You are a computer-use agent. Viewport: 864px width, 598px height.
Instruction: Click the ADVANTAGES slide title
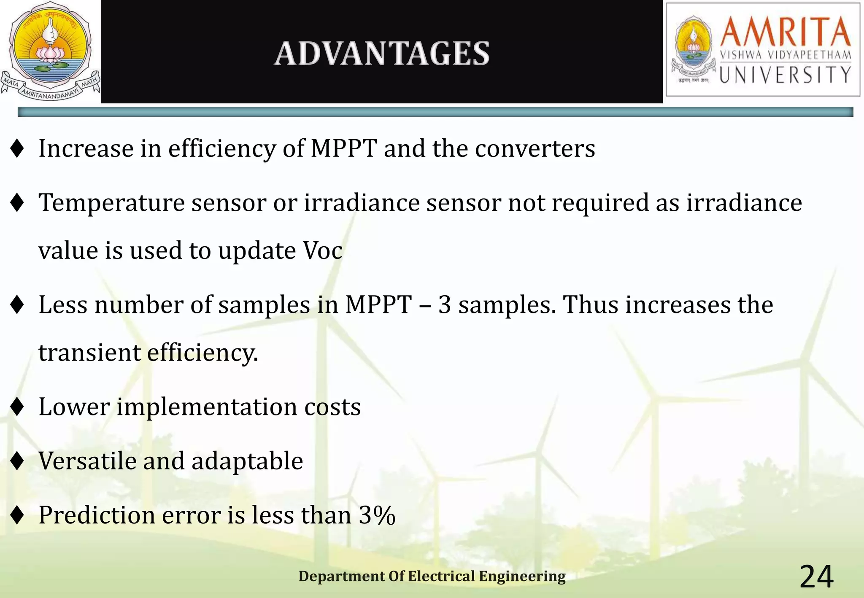click(x=381, y=54)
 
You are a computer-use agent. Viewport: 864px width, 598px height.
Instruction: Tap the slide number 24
click(x=816, y=576)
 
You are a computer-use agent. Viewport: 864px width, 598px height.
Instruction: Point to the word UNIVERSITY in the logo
click(x=785, y=75)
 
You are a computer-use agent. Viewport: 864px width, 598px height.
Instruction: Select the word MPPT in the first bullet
click(x=343, y=148)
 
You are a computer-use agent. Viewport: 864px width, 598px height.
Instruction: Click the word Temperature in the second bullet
click(x=111, y=203)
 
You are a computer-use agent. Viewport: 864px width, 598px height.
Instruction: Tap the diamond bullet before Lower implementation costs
click(x=17, y=407)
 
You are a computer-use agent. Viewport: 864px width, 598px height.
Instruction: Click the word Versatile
click(x=87, y=461)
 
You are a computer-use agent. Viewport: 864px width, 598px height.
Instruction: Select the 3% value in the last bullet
click(x=377, y=515)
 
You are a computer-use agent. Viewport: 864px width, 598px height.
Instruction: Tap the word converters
click(x=535, y=148)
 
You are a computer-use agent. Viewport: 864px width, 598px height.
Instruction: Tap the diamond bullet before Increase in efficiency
click(x=17, y=148)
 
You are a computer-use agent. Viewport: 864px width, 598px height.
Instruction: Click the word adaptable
click(x=247, y=461)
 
